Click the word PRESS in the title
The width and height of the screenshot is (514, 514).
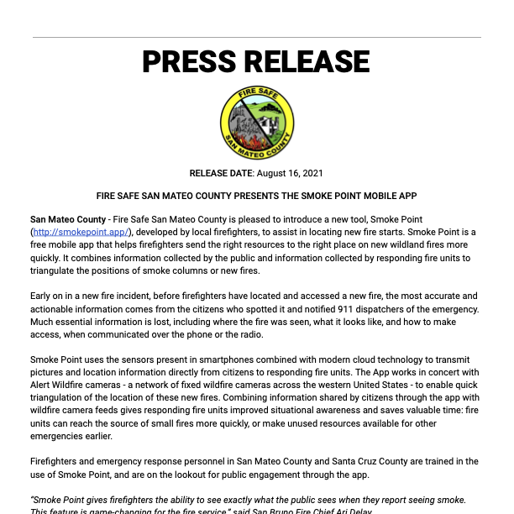[x=190, y=62]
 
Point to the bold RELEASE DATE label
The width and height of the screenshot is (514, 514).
[x=221, y=173]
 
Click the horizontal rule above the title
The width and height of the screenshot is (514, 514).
[x=257, y=37]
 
